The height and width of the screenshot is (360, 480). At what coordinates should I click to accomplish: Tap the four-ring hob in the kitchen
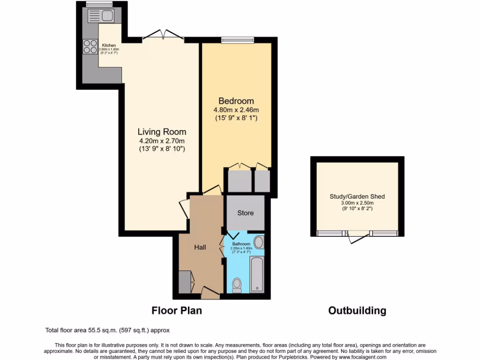90,46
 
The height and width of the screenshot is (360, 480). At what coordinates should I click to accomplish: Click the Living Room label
162,132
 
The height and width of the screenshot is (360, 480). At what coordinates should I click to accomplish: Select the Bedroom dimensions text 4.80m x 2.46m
236,110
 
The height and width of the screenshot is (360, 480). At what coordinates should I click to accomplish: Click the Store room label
245,213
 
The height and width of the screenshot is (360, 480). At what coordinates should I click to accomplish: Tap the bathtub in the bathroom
257,274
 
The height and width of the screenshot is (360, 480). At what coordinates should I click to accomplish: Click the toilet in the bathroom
237,285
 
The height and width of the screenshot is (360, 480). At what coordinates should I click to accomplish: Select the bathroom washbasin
258,242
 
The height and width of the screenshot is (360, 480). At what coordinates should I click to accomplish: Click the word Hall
201,247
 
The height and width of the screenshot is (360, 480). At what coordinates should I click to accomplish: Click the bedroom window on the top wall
238,40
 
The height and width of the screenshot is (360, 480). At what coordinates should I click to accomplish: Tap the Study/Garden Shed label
357,196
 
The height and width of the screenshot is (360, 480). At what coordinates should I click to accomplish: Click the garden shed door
358,237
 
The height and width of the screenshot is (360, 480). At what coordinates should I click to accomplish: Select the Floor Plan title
176,310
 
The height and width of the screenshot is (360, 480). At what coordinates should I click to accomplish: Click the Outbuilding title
357,310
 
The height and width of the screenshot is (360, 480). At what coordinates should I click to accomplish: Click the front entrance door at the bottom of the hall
210,293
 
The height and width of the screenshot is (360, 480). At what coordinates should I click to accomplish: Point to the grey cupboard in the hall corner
185,281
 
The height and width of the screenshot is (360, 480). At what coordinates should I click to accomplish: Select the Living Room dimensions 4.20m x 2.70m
162,141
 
